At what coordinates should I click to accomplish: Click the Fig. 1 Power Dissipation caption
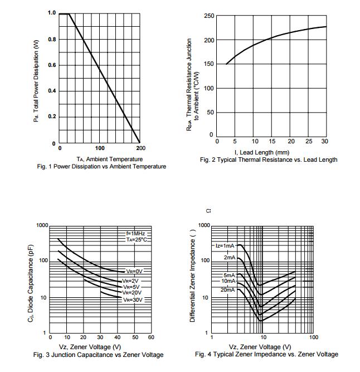tap(101, 166)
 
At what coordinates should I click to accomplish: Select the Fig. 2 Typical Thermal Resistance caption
tap(269, 160)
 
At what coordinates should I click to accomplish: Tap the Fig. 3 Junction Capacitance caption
tap(98, 355)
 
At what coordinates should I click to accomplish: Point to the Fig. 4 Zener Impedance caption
tap(266, 354)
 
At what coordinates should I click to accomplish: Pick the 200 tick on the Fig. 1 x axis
tap(140, 148)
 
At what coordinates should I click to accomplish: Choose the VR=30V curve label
tap(133, 299)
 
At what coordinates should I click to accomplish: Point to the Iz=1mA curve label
tap(226, 245)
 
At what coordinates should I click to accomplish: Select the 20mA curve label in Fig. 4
tap(227, 290)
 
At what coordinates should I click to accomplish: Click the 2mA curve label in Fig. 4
tap(230, 258)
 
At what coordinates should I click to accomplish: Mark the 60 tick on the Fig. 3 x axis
tap(152, 337)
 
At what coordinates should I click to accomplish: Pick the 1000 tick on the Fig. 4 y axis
tap(203, 225)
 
